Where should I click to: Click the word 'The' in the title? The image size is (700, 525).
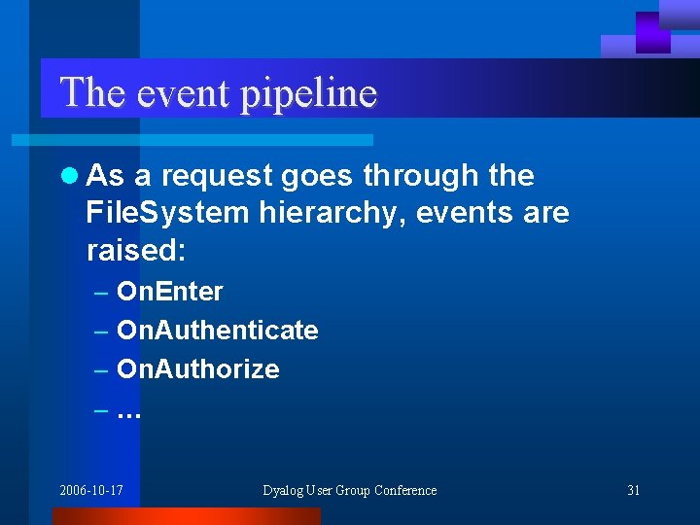click(92, 93)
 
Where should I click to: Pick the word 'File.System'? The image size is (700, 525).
click(166, 213)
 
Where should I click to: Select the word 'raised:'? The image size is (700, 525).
click(135, 250)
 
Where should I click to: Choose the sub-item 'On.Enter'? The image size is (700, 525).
click(169, 292)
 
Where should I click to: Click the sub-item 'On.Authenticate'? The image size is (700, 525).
click(217, 331)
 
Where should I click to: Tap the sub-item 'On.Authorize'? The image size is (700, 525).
click(197, 369)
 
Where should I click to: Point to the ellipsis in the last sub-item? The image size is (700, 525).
click(128, 412)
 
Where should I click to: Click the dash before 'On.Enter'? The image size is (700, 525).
click(102, 292)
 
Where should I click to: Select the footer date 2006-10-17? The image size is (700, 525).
click(90, 490)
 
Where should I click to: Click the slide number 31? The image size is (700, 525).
click(633, 490)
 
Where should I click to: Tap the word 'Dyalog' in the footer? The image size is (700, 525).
click(284, 490)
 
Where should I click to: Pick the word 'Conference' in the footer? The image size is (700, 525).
click(405, 490)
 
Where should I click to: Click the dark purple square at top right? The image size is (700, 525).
click(652, 32)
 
